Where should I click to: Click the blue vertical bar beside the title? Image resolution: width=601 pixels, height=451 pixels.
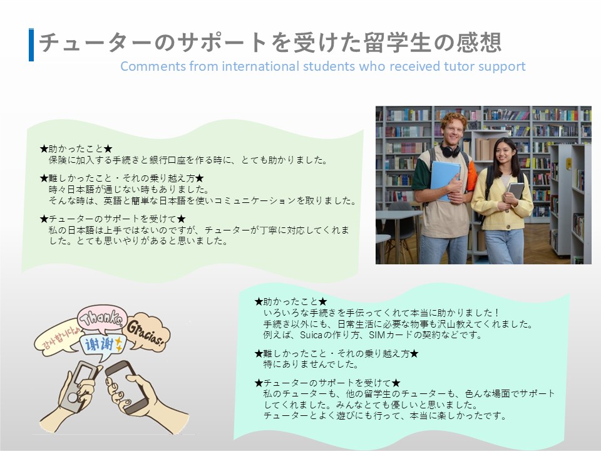(31, 44)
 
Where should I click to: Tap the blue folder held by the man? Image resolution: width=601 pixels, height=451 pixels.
(444, 179)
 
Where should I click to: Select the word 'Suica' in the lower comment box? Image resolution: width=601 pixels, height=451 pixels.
(311, 334)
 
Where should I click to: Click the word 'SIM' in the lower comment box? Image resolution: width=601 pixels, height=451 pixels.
(377, 334)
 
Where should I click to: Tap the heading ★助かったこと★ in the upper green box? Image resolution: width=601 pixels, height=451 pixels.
(76, 148)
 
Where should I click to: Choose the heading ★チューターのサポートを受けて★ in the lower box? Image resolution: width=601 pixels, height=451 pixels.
(327, 382)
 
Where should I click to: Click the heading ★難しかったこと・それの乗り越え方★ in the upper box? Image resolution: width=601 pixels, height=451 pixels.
(122, 178)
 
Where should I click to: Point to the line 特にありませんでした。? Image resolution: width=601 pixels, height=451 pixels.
(311, 364)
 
